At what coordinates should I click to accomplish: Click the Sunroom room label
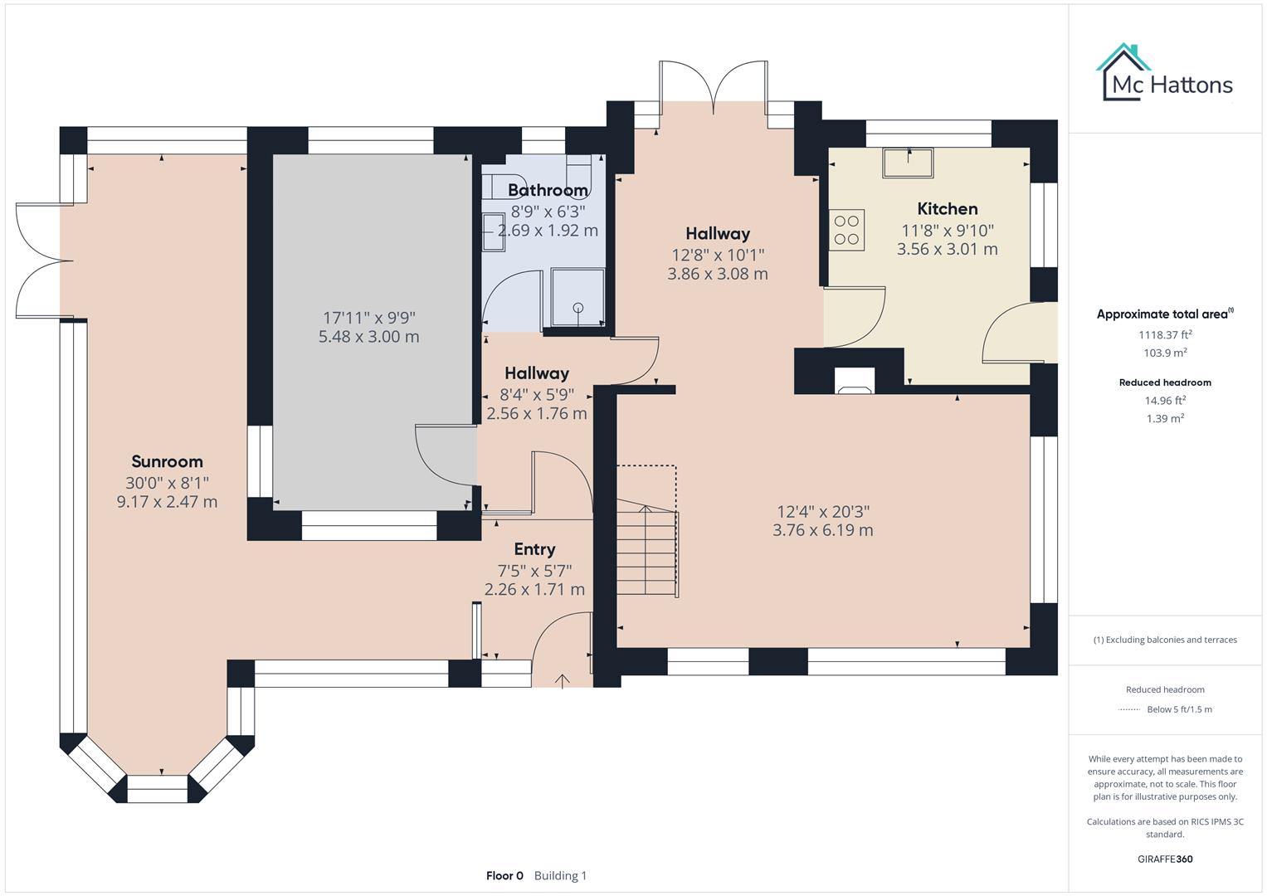click(167, 461)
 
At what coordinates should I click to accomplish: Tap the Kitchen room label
click(947, 208)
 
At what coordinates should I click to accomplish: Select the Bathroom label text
click(548, 190)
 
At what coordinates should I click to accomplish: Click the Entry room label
click(534, 548)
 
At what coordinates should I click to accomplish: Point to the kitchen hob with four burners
click(846, 230)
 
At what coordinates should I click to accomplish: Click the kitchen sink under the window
click(908, 163)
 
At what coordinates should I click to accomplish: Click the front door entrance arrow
click(563, 681)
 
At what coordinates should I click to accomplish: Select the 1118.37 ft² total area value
click(1165, 335)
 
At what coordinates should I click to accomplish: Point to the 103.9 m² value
click(1165, 353)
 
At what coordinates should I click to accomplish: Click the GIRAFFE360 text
click(1165, 859)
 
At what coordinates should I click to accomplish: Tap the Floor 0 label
click(504, 875)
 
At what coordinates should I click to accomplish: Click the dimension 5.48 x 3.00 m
click(368, 337)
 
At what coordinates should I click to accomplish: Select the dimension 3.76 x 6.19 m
click(822, 530)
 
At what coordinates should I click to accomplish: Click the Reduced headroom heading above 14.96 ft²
click(1165, 382)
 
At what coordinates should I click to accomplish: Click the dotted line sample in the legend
click(1129, 709)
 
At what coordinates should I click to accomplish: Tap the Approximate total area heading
click(1163, 314)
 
